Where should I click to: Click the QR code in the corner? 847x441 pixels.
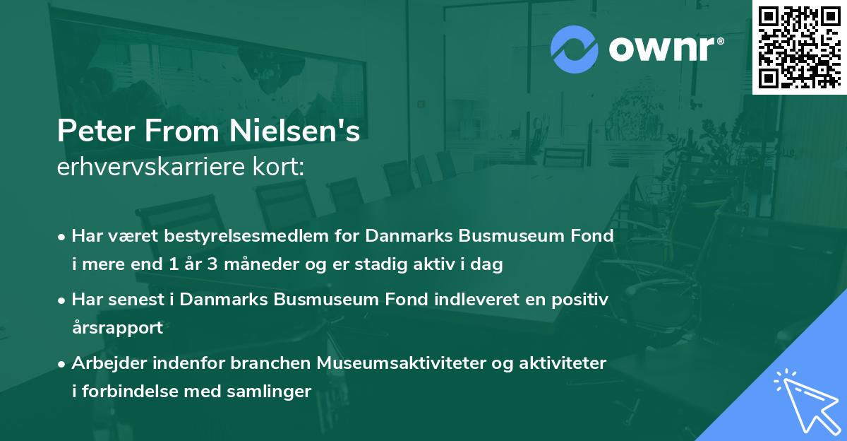(x=799, y=47)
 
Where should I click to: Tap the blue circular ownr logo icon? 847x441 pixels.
(x=573, y=49)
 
